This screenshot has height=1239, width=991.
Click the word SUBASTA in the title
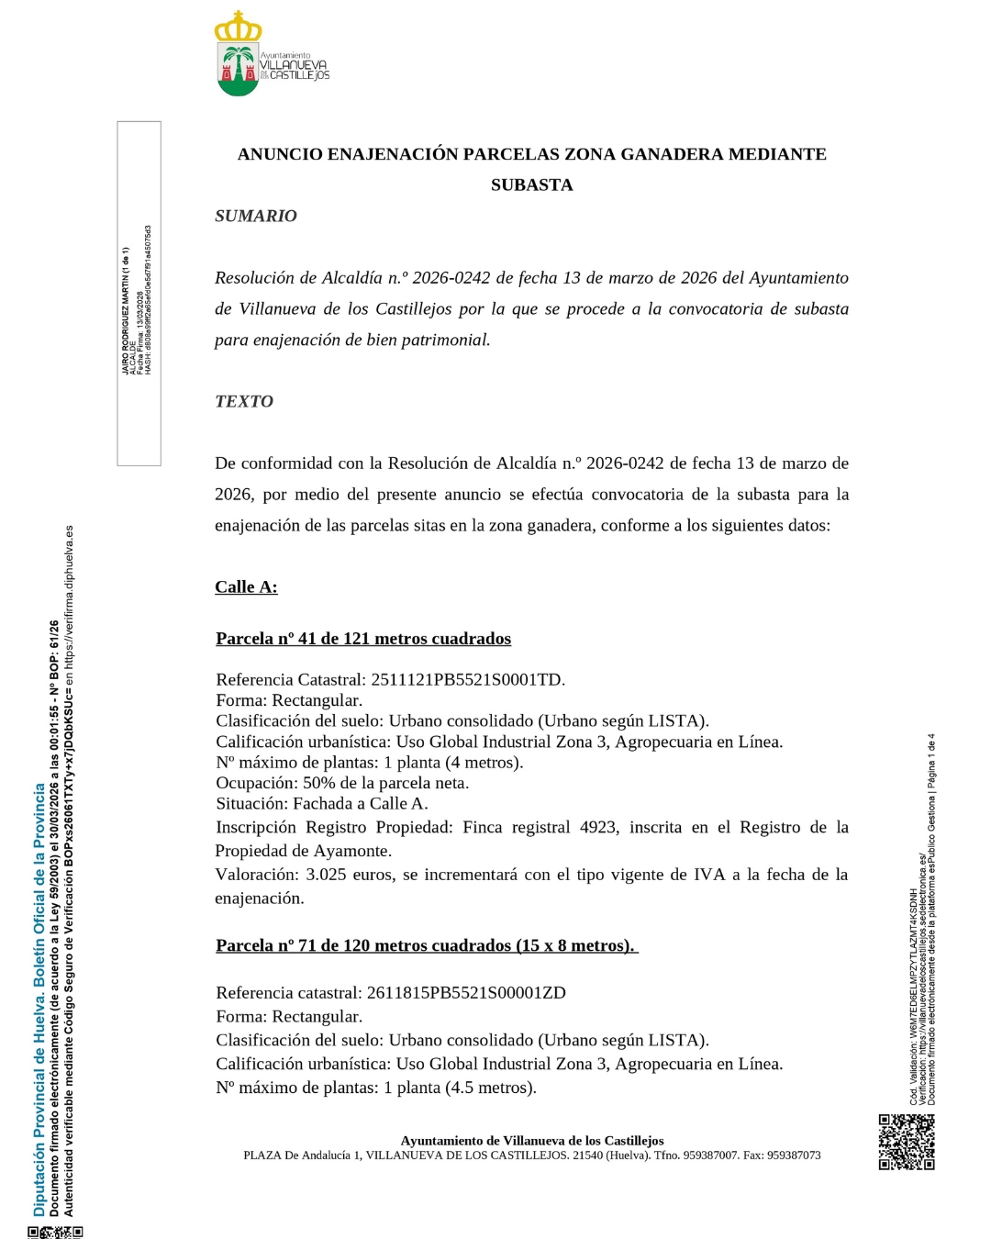pyautogui.click(x=531, y=184)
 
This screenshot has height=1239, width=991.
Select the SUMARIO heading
pyautogui.click(x=256, y=216)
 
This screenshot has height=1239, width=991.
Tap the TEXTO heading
pyautogui.click(x=244, y=401)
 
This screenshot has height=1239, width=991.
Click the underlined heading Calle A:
pyautogui.click(x=246, y=586)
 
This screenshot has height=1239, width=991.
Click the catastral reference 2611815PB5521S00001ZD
pyautogui.click(x=466, y=992)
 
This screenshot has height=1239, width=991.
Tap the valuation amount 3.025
pyautogui.click(x=326, y=874)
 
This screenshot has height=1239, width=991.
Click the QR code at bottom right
pyautogui.click(x=906, y=1142)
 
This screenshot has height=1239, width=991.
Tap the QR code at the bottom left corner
pyautogui.click(x=56, y=1232)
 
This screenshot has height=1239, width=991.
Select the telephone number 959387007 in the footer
pyautogui.click(x=710, y=1155)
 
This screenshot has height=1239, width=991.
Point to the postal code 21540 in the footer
pyautogui.click(x=588, y=1155)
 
